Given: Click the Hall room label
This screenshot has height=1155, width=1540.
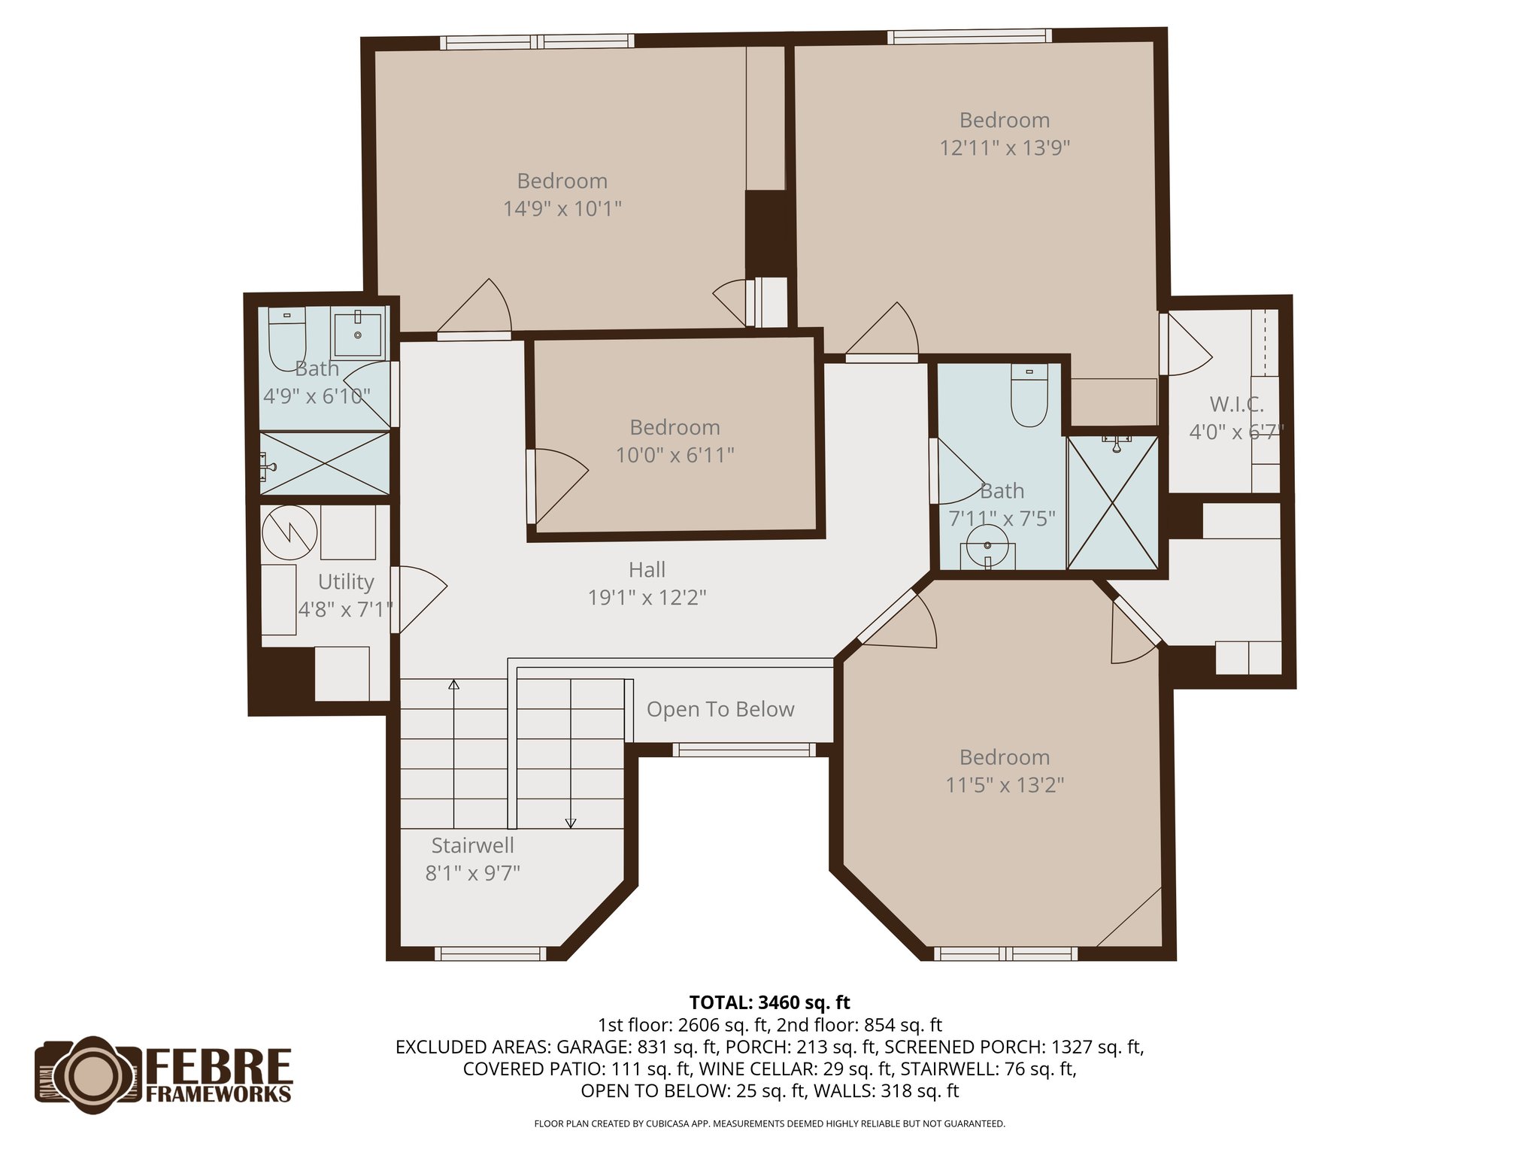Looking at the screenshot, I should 647,570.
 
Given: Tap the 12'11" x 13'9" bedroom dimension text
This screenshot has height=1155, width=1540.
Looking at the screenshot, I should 1004,147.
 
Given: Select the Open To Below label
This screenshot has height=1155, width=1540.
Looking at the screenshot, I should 720,709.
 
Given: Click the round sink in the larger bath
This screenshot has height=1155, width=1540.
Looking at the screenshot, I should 987,545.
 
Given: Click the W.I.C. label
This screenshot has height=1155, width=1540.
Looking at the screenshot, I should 1236,405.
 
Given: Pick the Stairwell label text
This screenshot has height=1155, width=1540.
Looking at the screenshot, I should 472,845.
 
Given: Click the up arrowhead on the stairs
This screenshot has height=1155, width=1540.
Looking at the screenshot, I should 453,684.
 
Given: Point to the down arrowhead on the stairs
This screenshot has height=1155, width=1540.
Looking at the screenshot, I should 570,823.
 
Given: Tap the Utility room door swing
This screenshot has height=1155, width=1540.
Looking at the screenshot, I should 420,598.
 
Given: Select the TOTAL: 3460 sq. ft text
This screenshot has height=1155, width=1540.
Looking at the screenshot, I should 769,1002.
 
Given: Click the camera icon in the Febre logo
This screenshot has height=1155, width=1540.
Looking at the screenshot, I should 89,1074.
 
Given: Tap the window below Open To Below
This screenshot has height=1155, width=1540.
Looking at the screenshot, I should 744,749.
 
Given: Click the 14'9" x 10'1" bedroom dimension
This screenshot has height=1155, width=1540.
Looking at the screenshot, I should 562,208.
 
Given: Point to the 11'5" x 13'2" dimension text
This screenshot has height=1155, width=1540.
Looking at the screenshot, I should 1004,785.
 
